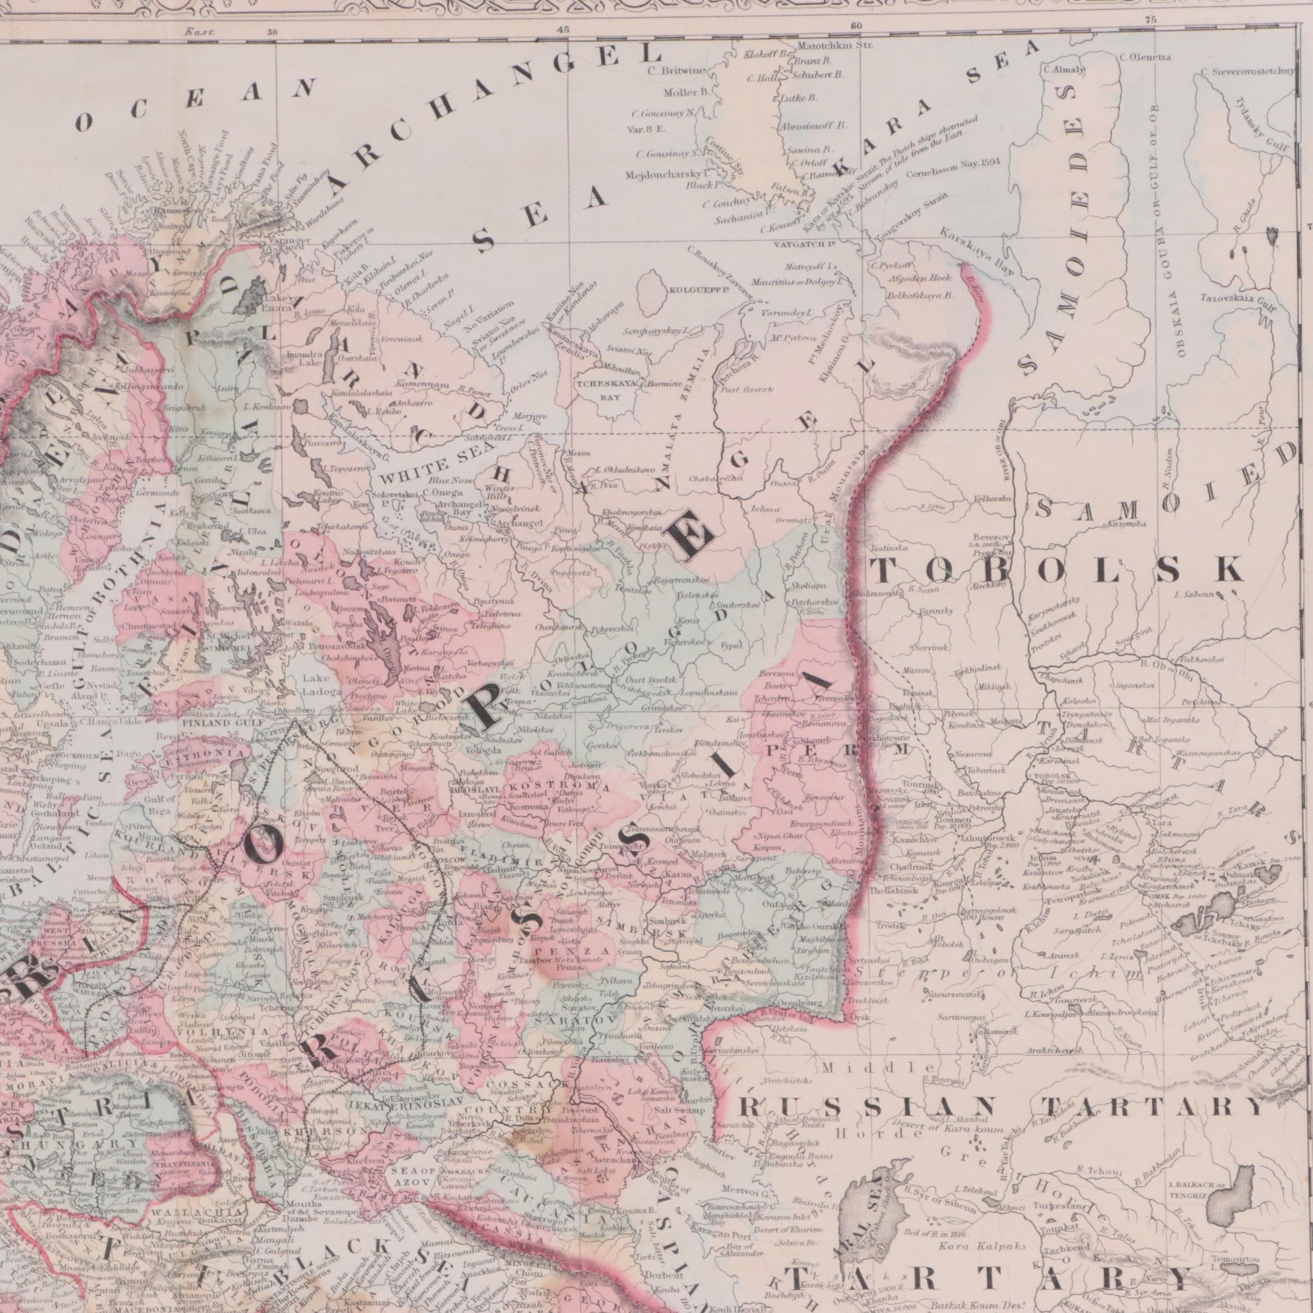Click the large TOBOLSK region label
1057,569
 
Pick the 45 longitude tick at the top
563,29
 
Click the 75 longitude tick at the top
1150,20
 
